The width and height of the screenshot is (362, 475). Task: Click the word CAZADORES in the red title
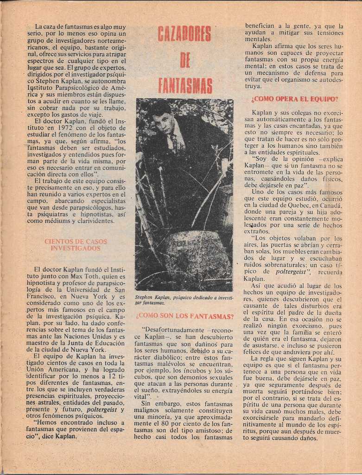coord(184,34)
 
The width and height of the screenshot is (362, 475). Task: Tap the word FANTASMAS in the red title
coord(185,86)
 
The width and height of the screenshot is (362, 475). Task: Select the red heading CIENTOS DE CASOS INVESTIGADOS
coord(76,245)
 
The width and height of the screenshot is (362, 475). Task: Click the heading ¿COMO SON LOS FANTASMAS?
coord(184,316)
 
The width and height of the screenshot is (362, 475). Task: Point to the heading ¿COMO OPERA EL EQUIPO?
coord(294,99)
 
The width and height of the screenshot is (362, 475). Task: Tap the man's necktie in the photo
coord(173,141)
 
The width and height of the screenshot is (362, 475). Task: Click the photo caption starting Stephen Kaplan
coord(184,300)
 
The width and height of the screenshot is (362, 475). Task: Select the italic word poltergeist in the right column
coord(292,271)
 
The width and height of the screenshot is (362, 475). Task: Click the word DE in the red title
coord(184,60)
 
